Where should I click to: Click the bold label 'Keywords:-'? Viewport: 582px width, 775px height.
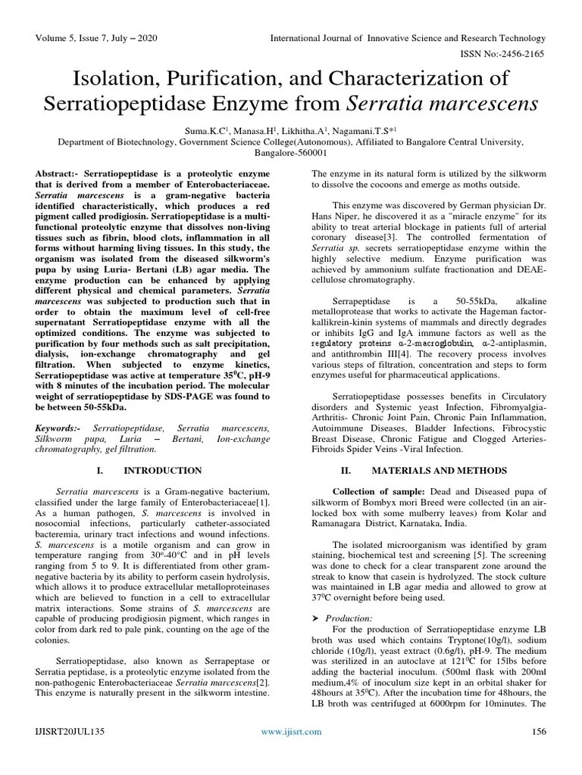click(61, 429)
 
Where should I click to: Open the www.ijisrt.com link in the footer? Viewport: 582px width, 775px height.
click(291, 731)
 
